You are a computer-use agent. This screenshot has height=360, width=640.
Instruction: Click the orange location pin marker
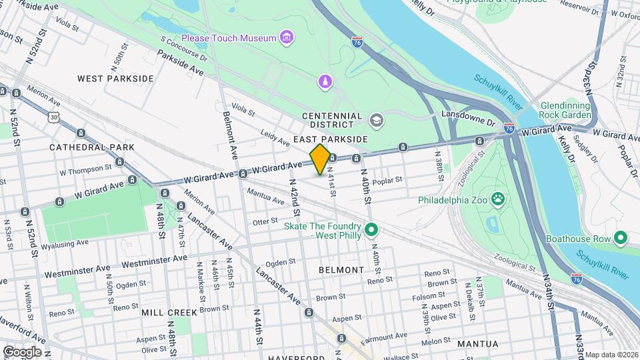(x=319, y=159)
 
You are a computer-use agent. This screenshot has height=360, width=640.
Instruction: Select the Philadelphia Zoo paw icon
(x=497, y=198)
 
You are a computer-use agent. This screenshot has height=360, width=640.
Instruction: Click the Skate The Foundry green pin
(x=373, y=231)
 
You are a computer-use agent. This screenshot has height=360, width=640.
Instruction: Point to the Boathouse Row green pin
(x=621, y=238)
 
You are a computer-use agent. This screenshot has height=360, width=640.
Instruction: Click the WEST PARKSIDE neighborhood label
(x=115, y=79)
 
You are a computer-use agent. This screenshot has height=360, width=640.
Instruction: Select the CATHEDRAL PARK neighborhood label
(x=92, y=147)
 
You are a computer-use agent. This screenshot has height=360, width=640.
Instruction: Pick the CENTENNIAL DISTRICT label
(x=332, y=120)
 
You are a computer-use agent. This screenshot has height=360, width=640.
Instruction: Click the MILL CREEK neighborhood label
(x=169, y=312)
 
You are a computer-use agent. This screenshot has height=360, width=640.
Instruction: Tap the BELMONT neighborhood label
(x=341, y=270)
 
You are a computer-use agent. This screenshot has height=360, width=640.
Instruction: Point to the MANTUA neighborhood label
(x=477, y=344)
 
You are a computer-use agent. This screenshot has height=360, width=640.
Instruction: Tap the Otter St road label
(x=265, y=221)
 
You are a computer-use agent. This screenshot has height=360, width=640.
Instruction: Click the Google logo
(x=22, y=351)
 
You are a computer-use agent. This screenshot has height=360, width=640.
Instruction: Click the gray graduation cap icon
(x=376, y=120)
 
